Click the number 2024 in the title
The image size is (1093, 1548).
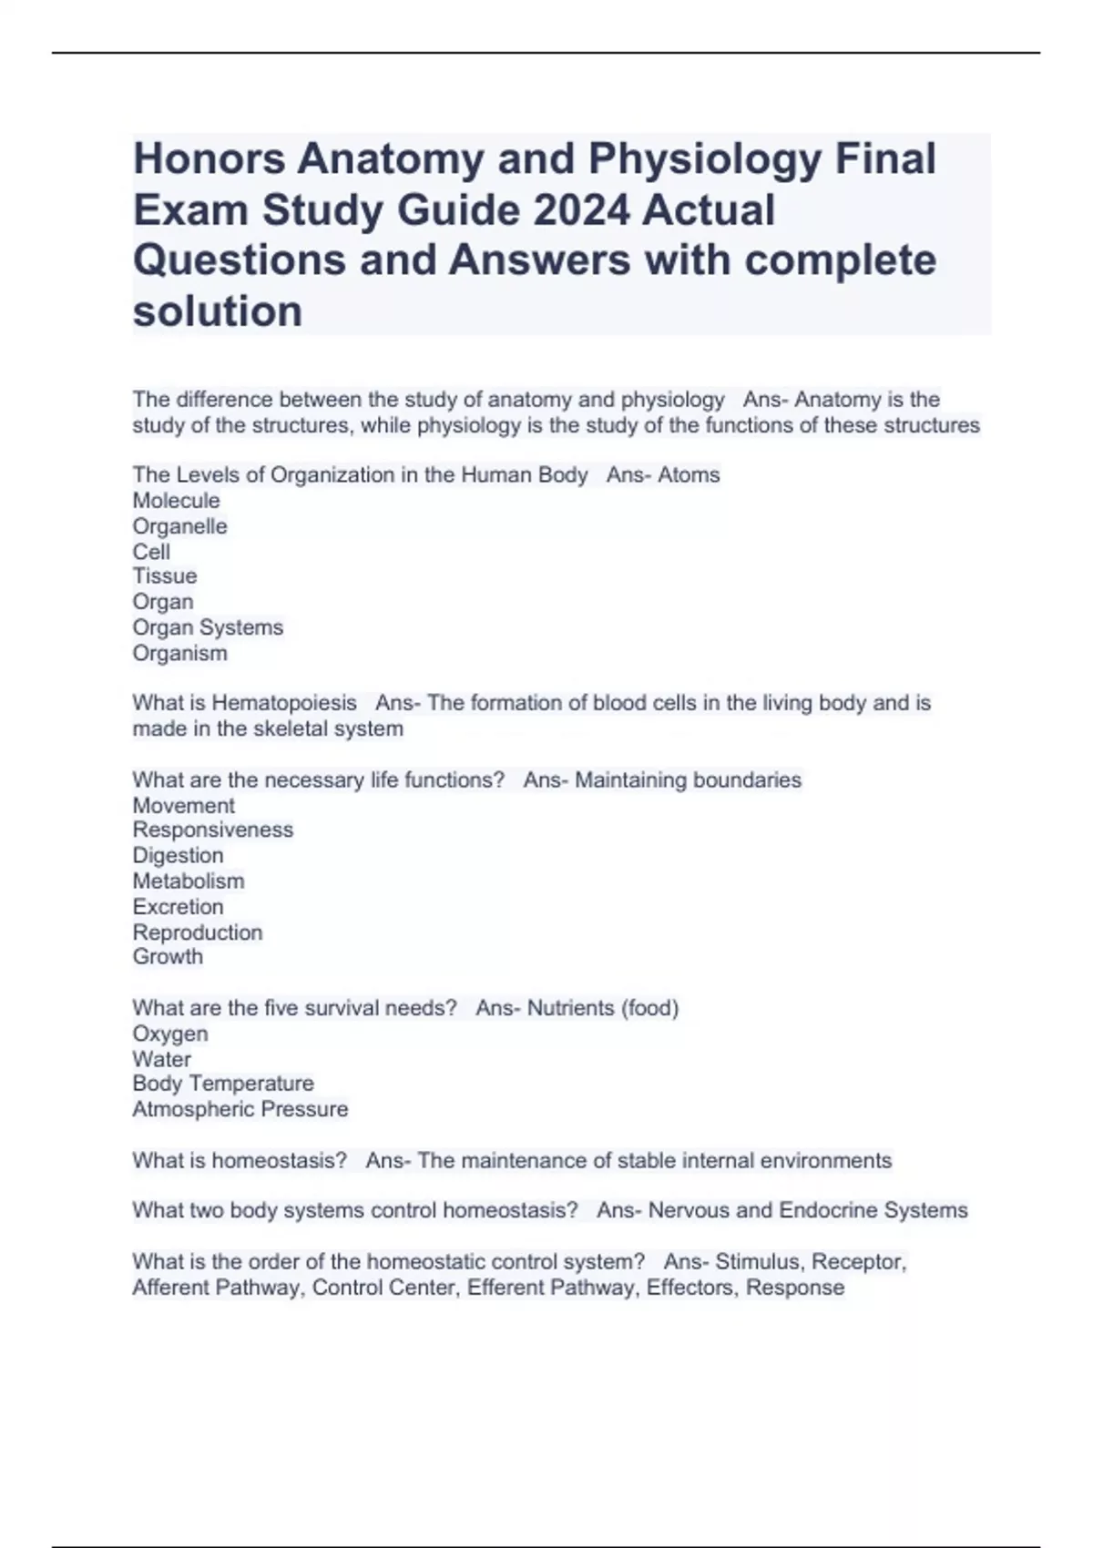pyautogui.click(x=581, y=209)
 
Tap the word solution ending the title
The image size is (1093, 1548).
pyautogui.click(x=217, y=311)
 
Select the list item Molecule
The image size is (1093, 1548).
pyautogui.click(x=176, y=501)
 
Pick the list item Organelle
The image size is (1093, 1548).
pyautogui.click(x=179, y=526)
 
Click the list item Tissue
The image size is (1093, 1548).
pyautogui.click(x=164, y=576)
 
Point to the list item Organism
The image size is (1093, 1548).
pyautogui.click(x=179, y=653)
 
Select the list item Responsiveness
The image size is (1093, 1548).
pyautogui.click(x=212, y=830)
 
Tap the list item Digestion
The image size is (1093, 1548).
pyautogui.click(x=178, y=855)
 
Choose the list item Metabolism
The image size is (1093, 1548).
pyautogui.click(x=188, y=881)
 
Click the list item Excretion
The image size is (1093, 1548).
pyautogui.click(x=178, y=906)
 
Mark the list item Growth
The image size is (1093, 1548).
pyautogui.click(x=168, y=956)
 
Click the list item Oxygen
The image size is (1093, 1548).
pyautogui.click(x=169, y=1034)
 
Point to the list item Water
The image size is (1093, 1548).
pyautogui.click(x=161, y=1059)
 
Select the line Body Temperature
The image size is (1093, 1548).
pyautogui.click(x=222, y=1084)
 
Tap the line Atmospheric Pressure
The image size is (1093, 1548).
pyautogui.click(x=240, y=1109)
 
